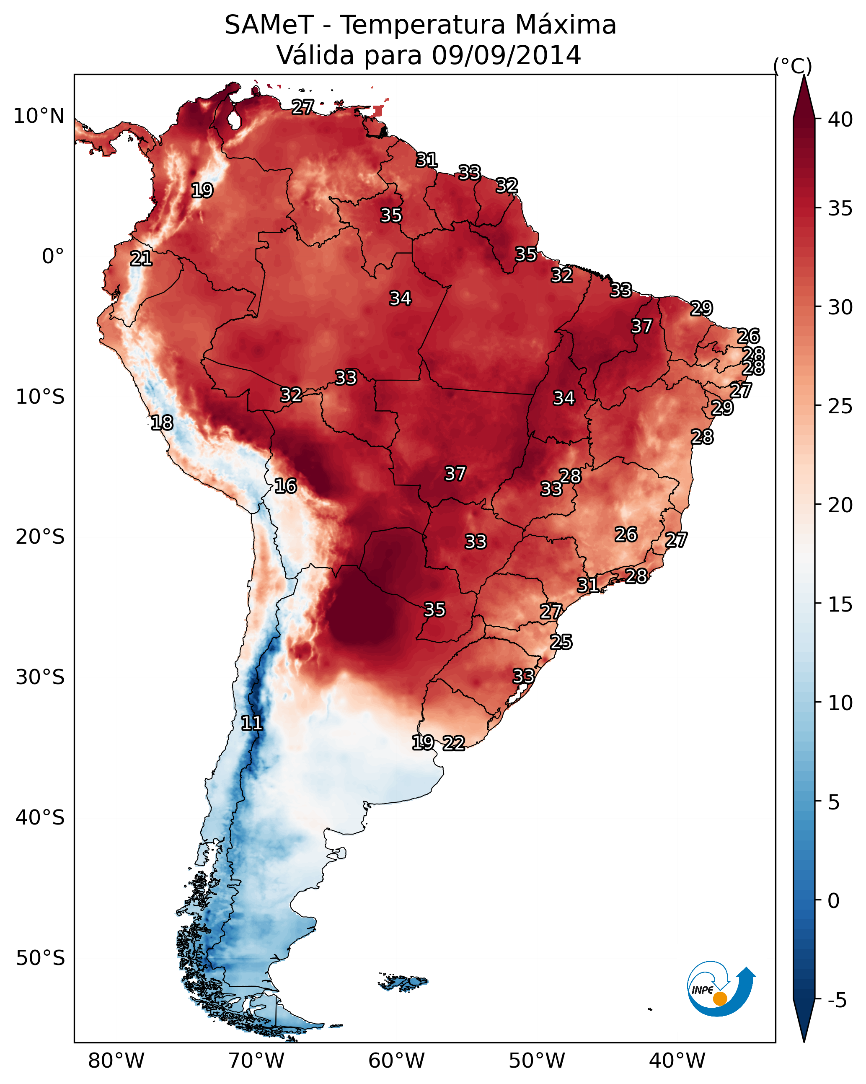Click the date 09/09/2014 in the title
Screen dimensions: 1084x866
click(506, 55)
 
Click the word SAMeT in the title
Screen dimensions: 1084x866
click(269, 25)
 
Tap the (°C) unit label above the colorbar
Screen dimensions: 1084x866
click(792, 66)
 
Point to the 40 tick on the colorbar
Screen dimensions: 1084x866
click(840, 119)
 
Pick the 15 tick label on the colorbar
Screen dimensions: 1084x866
click(840, 604)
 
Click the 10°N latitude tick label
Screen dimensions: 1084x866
click(39, 116)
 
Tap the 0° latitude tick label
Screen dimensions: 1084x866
click(53, 257)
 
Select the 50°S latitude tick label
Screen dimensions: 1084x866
click(40, 958)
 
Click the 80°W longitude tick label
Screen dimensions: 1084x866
click(116, 1061)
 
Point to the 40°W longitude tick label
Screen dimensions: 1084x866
click(677, 1061)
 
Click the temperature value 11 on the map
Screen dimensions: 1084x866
click(252, 723)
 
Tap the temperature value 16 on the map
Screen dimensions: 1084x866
click(285, 486)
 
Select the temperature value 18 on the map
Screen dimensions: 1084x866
click(162, 423)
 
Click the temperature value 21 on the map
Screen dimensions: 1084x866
click(141, 259)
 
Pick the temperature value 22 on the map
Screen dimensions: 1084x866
click(454, 743)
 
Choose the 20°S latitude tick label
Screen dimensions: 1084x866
click(40, 537)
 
